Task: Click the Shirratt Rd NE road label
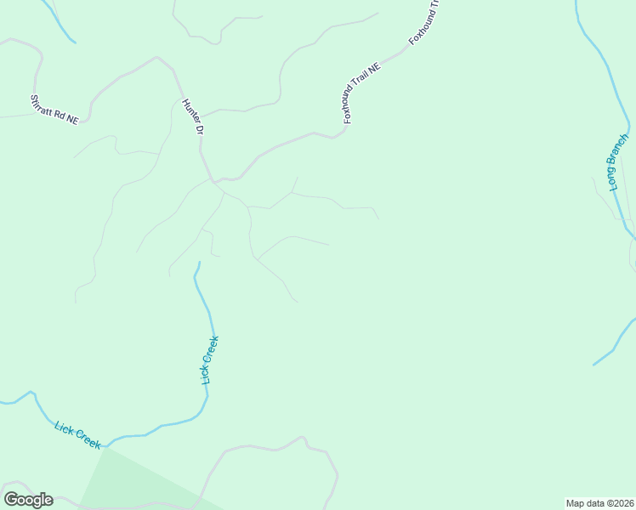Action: pos(54,110)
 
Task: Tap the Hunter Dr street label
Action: pos(193,117)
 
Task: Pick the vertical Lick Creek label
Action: pos(210,360)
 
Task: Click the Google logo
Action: pos(28,500)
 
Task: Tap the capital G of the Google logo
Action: pos(11,499)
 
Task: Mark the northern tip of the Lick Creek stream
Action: pos(199,263)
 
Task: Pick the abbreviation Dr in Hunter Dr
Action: pos(199,130)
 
